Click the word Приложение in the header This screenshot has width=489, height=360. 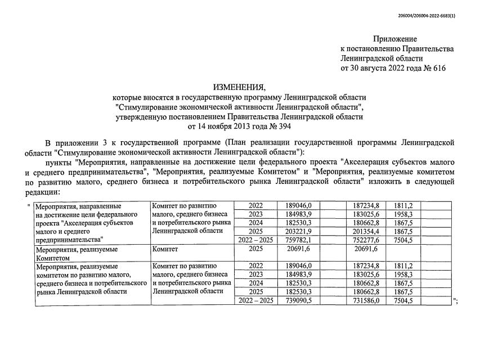[x=395, y=39]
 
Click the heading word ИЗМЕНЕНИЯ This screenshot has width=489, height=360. [x=239, y=88]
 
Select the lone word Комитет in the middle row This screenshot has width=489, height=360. [x=165, y=249]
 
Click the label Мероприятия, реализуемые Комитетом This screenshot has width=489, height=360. [x=77, y=253]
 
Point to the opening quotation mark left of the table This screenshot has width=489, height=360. [x=29, y=206]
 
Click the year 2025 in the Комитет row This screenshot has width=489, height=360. [x=255, y=249]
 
